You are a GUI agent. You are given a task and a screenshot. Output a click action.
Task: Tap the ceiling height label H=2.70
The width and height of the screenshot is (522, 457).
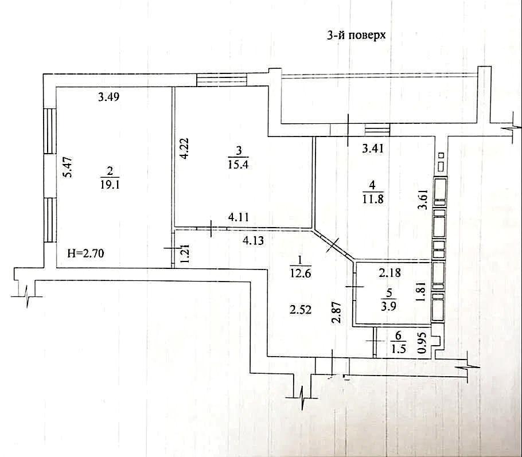[x=85, y=253]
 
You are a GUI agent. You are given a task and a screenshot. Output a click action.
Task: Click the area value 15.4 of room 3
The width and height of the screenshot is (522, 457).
[x=239, y=164]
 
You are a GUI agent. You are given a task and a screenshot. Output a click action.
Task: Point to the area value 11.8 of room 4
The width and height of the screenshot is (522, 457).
[x=372, y=199]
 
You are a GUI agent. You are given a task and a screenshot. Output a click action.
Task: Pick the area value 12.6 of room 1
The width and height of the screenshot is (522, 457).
[x=300, y=274]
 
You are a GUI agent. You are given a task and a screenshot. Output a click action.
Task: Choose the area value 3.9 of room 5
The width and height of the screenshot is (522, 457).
[x=388, y=306]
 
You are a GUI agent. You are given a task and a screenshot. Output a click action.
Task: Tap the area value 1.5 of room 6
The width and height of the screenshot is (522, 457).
[x=398, y=349]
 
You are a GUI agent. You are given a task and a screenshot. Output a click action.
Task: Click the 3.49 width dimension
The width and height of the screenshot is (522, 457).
[x=109, y=97]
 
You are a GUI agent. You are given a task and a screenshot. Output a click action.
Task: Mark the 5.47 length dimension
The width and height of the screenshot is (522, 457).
[x=68, y=167]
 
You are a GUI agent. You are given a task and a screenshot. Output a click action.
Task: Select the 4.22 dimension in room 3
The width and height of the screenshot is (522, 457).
[x=185, y=149]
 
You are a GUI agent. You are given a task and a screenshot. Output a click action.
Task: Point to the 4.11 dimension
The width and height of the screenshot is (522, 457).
[x=239, y=217]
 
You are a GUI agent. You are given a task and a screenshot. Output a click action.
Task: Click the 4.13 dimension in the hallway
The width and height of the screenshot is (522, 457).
[x=254, y=240]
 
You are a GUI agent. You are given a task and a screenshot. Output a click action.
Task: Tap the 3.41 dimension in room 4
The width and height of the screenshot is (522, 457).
[x=373, y=148]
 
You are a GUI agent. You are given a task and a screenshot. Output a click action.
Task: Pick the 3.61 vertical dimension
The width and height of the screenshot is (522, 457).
[x=423, y=199]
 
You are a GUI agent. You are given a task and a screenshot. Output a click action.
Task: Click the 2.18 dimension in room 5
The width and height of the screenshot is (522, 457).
[x=390, y=273]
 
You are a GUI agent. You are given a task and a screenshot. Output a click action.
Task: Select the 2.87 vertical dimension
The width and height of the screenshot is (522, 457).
[x=337, y=312]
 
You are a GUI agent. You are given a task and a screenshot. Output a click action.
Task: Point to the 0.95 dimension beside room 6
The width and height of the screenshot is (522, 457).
[x=422, y=343]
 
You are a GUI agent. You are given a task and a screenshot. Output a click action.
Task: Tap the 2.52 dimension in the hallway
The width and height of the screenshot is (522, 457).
[x=300, y=310]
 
